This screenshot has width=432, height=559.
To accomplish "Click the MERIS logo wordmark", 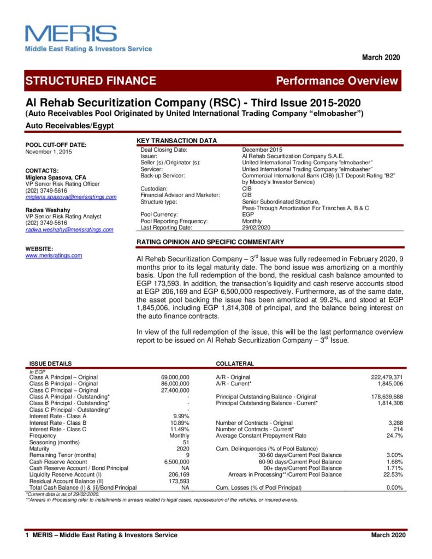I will (70, 34).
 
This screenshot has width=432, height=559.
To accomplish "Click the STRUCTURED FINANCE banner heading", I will (91, 81).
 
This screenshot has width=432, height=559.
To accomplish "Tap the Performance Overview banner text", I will (337, 81).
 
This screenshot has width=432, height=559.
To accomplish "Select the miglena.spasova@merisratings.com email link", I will (71, 197).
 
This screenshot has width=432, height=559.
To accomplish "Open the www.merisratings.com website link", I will (54, 255).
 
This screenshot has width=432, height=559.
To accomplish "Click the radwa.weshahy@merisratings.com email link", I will (69, 230).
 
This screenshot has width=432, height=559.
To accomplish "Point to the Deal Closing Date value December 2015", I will (262, 150).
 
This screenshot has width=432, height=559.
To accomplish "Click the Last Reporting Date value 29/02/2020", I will (256, 228).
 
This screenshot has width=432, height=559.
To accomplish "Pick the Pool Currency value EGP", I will (248, 215).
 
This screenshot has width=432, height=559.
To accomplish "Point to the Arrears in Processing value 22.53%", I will (393, 474).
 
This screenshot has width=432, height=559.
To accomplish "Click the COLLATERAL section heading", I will (235, 364).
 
